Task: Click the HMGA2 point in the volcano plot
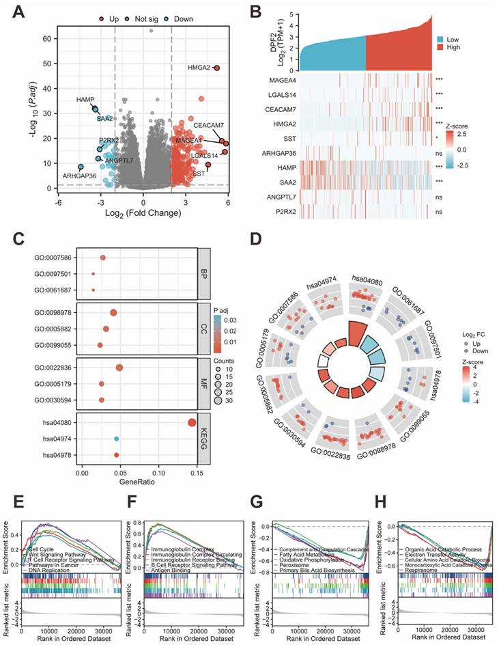tap(216, 68)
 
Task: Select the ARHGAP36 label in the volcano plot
tap(80, 176)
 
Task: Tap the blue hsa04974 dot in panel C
tap(117, 439)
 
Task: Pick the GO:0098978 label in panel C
tap(51, 313)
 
